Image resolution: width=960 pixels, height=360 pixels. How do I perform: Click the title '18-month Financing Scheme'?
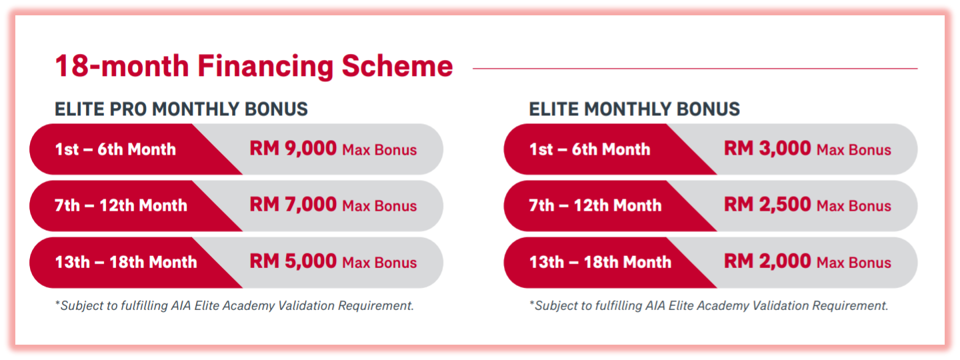pos(254,67)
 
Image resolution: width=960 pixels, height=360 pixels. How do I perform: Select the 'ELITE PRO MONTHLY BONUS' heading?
pos(181,109)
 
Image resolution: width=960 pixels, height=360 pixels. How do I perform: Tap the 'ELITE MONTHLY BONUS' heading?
pos(634,109)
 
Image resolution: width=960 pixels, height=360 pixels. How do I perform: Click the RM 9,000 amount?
pos(293,149)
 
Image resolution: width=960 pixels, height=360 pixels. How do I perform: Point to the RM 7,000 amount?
pos(293,205)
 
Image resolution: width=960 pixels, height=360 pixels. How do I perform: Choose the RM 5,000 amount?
pos(293,261)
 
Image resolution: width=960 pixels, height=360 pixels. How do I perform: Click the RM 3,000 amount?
pos(767,149)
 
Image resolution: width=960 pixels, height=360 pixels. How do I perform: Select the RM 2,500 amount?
pos(767,205)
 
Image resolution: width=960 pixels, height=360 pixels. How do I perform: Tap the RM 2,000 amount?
pos(767,261)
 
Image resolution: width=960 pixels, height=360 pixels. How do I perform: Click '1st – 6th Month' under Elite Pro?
pos(115,149)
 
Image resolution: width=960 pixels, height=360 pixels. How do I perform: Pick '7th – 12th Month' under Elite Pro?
pos(121,206)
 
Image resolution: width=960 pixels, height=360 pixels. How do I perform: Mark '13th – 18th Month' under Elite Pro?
pos(126,262)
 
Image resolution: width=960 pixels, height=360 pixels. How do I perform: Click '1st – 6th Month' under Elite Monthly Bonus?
pos(590,149)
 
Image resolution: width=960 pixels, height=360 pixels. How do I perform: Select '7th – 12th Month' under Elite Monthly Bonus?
pos(595,206)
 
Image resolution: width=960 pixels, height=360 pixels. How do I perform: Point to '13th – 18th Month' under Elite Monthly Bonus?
pos(601,262)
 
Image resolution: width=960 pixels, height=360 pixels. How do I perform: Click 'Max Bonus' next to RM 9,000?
pos(380,150)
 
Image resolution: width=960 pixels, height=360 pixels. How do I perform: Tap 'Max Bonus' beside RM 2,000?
pos(854,263)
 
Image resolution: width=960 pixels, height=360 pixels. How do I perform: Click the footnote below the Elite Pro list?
pos(235,305)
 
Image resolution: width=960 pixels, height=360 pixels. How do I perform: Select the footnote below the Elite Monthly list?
pos(709,305)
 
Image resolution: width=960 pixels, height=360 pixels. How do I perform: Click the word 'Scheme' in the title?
pos(397,67)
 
